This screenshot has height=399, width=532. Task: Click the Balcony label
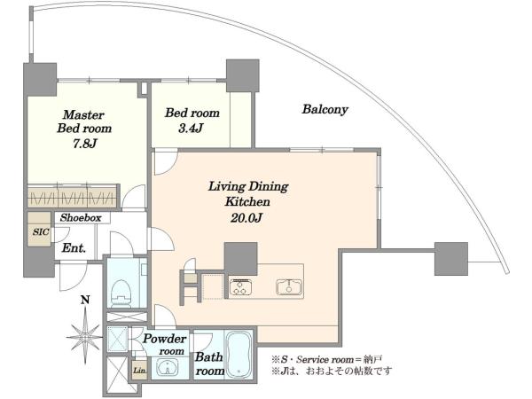coord(325,110)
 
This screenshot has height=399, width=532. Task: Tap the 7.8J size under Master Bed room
coord(84,144)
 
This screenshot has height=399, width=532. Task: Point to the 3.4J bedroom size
coord(190,128)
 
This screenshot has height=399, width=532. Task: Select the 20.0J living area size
coord(247,217)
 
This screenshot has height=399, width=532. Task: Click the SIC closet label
coord(41,232)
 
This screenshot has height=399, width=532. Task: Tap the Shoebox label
coord(81,217)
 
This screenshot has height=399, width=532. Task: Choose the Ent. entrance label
coord(74,248)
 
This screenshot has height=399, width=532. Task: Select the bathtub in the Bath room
coord(239,354)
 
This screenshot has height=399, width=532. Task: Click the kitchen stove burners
coord(240,287)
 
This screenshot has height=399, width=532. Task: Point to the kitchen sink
coord(288,287)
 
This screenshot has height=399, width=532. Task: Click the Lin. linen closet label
coord(139,370)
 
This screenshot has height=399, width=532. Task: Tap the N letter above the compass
coord(85,301)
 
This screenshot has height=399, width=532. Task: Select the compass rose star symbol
coord(85,337)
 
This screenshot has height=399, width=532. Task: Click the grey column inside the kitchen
coord(241,259)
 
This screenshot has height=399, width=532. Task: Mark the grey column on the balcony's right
coord(451,259)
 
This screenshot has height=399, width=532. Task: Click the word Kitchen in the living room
coord(247,202)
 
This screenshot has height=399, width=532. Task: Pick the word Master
coord(83,115)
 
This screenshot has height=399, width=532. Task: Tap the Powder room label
coord(165,344)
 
